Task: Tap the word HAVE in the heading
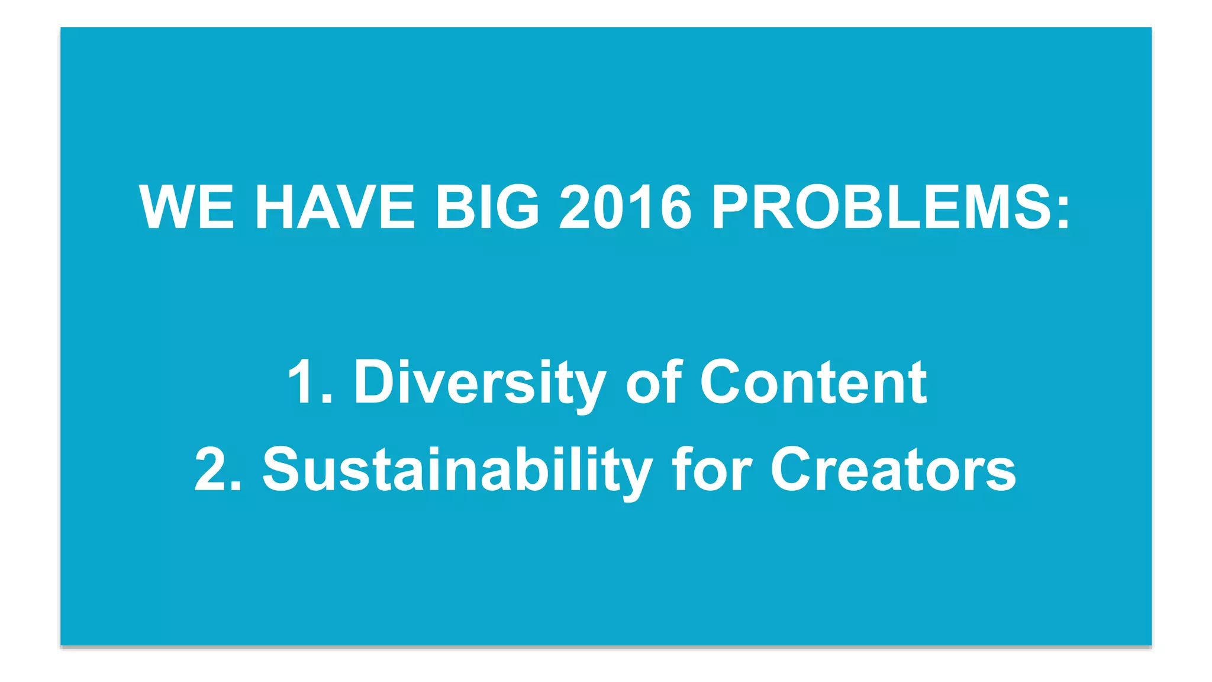click(x=335, y=207)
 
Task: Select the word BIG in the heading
click(x=487, y=207)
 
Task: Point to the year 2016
click(x=625, y=207)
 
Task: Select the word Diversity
click(x=479, y=384)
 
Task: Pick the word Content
click(x=813, y=382)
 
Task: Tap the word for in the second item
click(x=711, y=469)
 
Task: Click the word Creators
click(x=892, y=469)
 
